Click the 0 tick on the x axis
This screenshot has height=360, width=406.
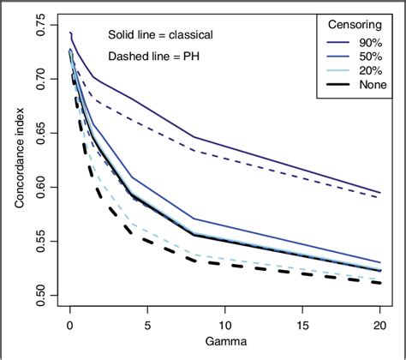coord(69,327)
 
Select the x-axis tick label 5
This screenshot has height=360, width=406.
coord(147,327)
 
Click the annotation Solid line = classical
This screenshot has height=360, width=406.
coord(161,36)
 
